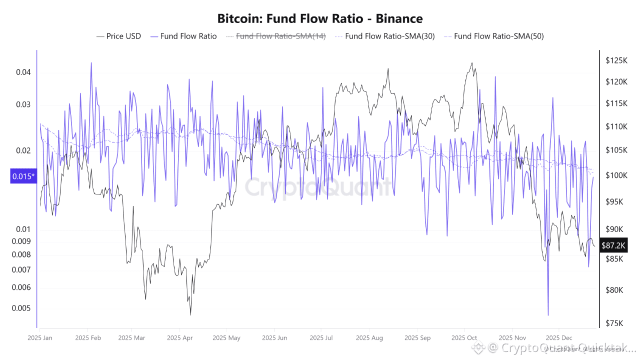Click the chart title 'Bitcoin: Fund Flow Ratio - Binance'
pyautogui.click(x=320, y=19)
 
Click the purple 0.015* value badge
pyautogui.click(x=23, y=176)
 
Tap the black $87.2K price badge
pyautogui.click(x=613, y=245)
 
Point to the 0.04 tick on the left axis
pyautogui.click(x=23, y=72)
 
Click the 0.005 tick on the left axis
pyautogui.click(x=21, y=308)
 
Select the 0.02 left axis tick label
pyautogui.click(x=23, y=150)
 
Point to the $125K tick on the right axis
pyautogui.click(x=616, y=60)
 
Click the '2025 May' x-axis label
pyautogui.click(x=226, y=338)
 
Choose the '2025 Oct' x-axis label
pyautogui.click(x=464, y=338)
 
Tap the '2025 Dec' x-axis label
pyautogui.click(x=559, y=338)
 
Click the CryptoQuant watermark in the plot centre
pyautogui.click(x=318, y=187)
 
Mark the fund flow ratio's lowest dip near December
pyautogui.click(x=548, y=315)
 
